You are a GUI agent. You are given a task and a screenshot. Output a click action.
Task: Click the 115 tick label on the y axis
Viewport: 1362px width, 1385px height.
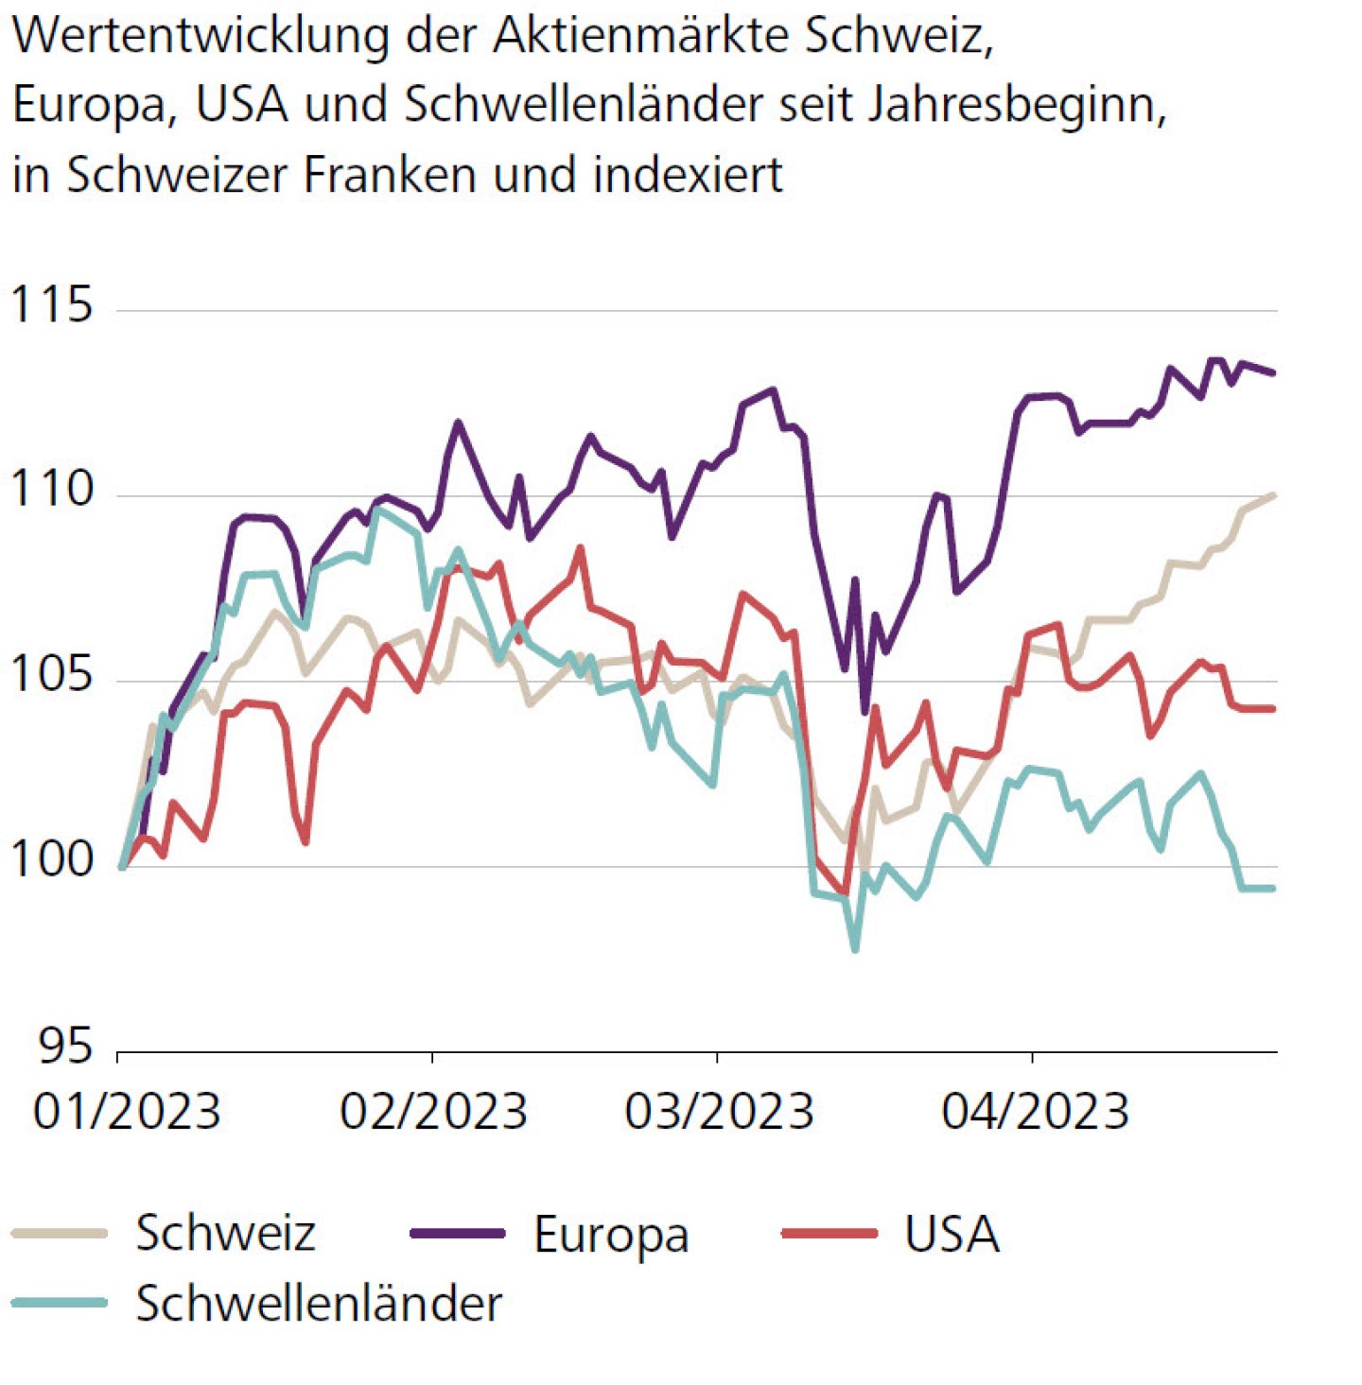point(51,305)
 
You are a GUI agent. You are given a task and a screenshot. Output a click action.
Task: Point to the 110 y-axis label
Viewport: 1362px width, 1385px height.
point(51,489)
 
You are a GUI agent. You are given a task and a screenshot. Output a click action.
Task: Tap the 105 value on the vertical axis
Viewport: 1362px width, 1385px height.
point(51,674)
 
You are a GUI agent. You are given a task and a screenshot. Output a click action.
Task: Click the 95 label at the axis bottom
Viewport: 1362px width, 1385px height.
point(65,1046)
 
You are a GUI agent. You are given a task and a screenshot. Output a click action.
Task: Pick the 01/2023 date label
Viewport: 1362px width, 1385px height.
point(127,1112)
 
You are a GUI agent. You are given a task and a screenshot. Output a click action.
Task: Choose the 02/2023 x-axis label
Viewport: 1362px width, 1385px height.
point(433,1112)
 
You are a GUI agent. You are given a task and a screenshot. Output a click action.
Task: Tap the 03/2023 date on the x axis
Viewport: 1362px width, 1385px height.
point(719,1112)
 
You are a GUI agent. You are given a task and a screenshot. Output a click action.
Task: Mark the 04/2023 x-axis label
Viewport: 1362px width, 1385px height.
point(1035,1112)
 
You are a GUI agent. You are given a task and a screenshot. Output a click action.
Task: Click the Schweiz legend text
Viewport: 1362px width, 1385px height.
point(225,1234)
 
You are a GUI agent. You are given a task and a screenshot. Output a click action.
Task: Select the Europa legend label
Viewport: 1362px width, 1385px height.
point(611,1235)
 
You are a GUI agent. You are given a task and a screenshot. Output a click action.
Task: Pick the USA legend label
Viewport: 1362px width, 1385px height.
point(952,1234)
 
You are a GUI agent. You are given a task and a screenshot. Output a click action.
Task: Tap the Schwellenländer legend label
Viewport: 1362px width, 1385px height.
point(319,1305)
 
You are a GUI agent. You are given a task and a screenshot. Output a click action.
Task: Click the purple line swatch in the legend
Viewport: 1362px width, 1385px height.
point(458,1234)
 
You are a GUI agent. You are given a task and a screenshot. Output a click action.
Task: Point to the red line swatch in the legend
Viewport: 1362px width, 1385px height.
point(829,1234)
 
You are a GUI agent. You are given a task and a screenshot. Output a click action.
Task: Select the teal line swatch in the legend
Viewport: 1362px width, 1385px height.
point(60,1304)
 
